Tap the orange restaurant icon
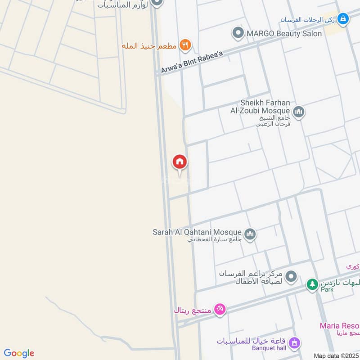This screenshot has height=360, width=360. (185, 45)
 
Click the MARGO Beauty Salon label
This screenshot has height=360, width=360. (283, 34)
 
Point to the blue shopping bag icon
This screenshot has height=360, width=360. (343, 19)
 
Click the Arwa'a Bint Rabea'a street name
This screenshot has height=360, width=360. (192, 63)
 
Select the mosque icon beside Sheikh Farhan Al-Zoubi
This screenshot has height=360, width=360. (298, 111)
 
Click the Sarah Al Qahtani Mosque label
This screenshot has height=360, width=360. (197, 232)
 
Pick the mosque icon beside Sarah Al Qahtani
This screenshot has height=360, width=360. (250, 234)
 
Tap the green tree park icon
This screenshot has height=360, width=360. (312, 284)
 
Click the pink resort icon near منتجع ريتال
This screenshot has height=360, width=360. (220, 309)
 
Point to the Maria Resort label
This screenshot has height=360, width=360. (340, 326)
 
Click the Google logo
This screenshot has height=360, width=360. (19, 353)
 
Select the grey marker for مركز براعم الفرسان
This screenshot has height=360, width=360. (291, 277)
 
